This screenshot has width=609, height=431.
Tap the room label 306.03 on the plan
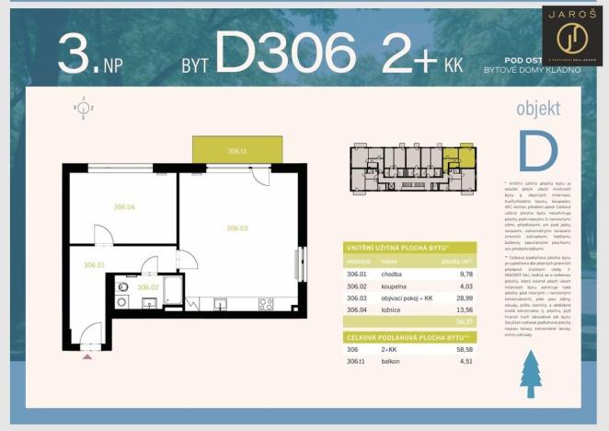pos(237,227)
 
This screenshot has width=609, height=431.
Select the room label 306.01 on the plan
pos(95,265)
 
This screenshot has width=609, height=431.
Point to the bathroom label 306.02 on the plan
pos(148,287)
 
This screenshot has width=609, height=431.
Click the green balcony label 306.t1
pos(238,150)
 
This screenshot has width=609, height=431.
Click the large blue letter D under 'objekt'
pos(538,151)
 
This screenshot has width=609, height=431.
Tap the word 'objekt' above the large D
pos(538,110)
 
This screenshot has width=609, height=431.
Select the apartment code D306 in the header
pos(285,52)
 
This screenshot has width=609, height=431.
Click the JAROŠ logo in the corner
pos(572,34)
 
